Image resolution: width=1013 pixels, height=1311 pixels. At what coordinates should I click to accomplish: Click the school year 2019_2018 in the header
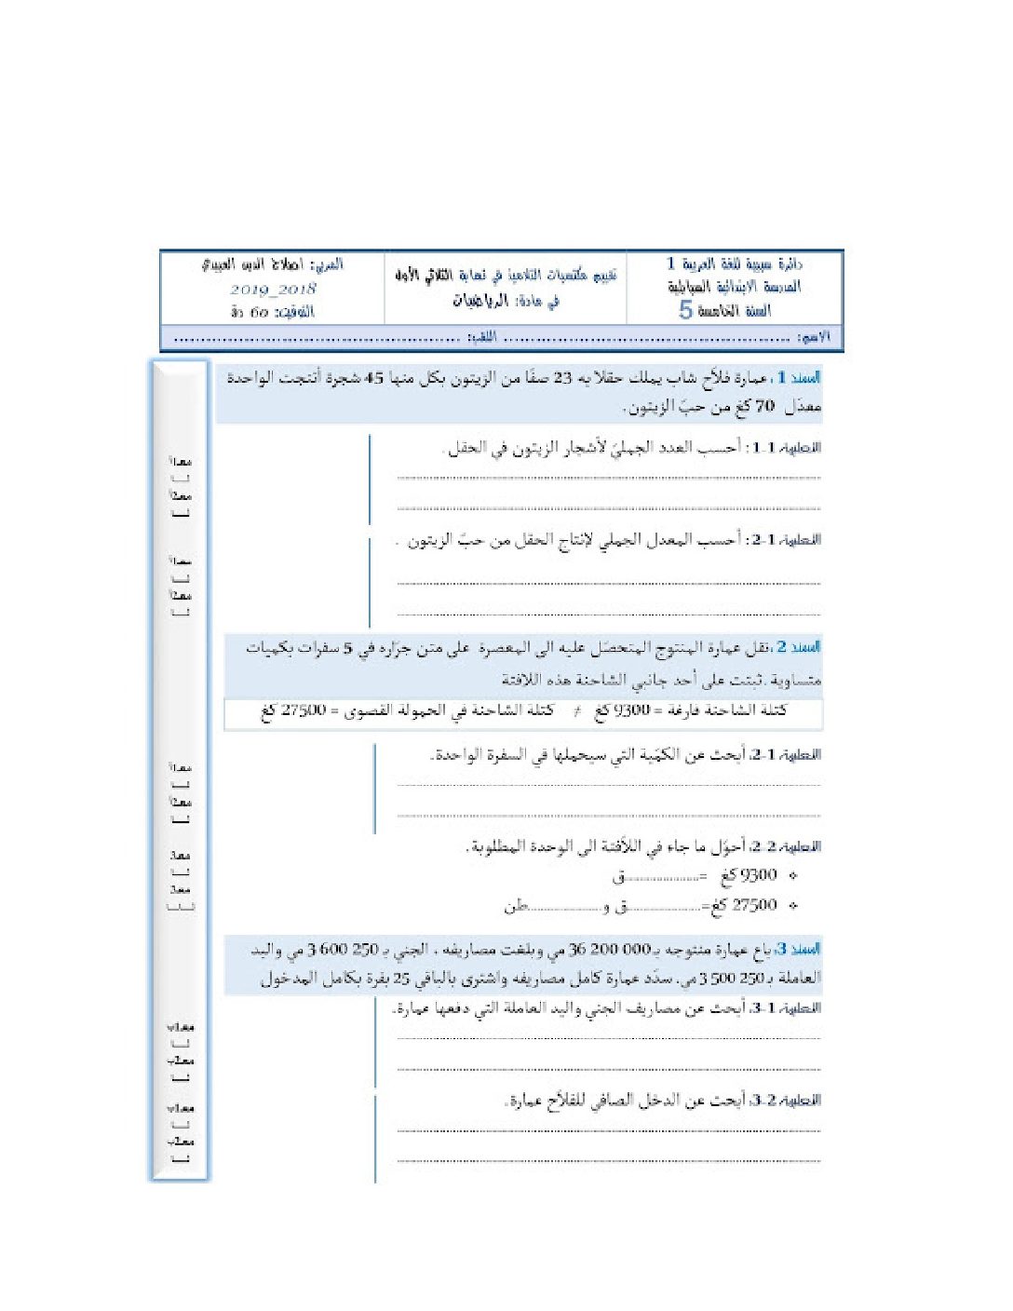coord(274,290)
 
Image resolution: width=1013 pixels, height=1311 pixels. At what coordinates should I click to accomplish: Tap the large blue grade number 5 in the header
coord(686,310)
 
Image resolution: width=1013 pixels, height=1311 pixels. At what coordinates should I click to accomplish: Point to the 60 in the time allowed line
coord(260,312)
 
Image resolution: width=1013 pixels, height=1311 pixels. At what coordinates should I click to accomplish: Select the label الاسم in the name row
coord(815,336)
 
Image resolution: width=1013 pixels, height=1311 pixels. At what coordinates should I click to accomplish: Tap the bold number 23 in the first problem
coord(563,378)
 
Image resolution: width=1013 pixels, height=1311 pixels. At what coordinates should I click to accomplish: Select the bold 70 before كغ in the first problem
coord(764,406)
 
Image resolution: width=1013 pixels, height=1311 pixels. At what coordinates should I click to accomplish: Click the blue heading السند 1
coord(800,378)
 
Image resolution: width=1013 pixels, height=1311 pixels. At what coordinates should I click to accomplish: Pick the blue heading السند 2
coord(800,646)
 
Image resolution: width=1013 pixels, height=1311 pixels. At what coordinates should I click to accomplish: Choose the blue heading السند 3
coord(800,949)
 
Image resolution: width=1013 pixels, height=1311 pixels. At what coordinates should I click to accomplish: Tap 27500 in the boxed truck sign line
coord(304,710)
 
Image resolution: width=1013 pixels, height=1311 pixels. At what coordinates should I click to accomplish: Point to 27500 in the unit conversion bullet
coord(755,904)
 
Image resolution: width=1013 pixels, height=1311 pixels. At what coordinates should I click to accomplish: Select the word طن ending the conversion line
coord(516,904)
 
